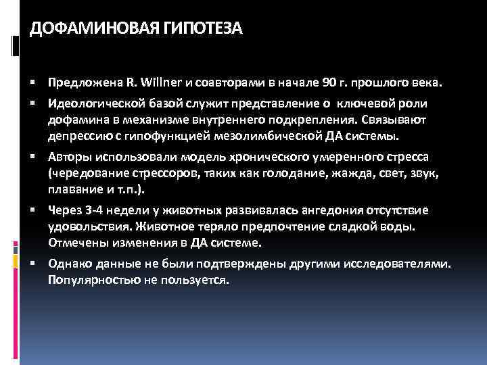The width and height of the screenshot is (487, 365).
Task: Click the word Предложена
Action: click(x=79, y=82)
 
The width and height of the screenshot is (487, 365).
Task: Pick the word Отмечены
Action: click(x=74, y=241)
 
